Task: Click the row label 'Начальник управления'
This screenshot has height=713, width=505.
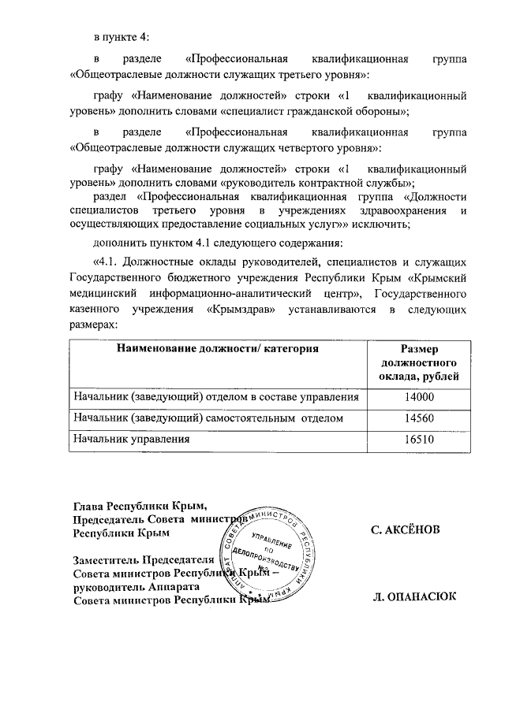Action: point(131,439)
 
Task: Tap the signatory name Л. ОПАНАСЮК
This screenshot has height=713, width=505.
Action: point(413,598)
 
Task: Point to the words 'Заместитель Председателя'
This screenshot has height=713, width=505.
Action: point(143,560)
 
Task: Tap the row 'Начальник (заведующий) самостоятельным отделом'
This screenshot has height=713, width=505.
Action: point(208,418)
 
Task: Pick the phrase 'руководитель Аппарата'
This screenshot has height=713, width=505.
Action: point(130,587)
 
